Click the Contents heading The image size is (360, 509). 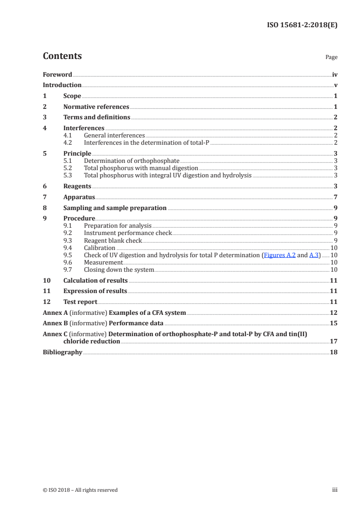62,56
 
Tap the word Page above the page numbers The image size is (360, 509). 331,58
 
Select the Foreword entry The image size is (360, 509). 57,74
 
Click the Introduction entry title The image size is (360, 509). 62,85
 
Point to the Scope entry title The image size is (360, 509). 72,96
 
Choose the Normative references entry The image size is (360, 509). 96,107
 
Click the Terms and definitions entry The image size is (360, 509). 97,117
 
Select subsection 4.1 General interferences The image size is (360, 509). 114,135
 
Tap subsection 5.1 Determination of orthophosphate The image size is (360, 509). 132,161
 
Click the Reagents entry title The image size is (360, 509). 77,186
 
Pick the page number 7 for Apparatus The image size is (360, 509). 335,197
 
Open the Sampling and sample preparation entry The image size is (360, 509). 115,208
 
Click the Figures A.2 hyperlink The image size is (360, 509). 280,255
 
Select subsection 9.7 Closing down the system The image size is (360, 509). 119,270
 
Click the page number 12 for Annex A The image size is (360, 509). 334,313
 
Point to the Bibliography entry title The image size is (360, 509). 63,352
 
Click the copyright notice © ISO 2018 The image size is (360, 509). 80,490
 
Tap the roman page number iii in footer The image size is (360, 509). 335,490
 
